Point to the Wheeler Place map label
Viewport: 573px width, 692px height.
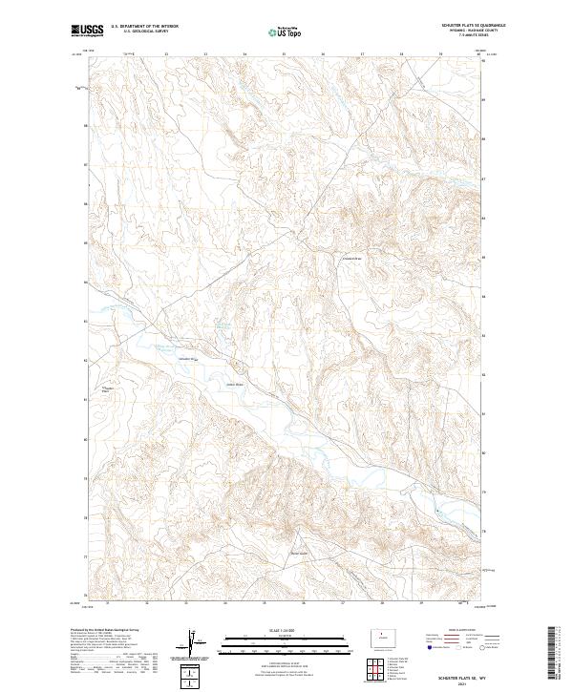click(108, 390)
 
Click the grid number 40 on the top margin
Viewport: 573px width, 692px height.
click(477, 54)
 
